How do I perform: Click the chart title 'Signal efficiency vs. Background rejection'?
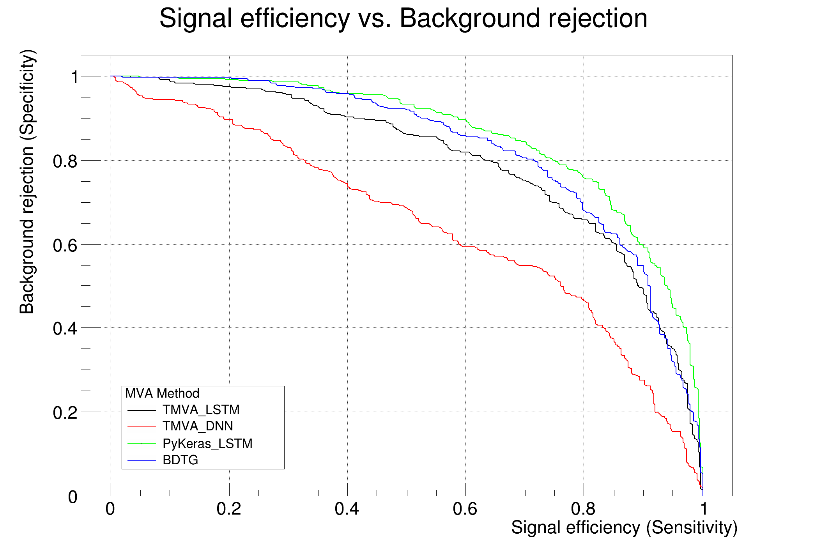pyautogui.click(x=403, y=18)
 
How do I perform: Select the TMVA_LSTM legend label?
pyautogui.click(x=201, y=410)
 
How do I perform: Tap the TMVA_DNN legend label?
pyautogui.click(x=198, y=426)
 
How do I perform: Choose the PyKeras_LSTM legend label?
pyautogui.click(x=207, y=444)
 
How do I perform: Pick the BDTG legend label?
pyautogui.click(x=180, y=460)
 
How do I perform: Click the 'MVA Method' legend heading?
pyautogui.click(x=162, y=393)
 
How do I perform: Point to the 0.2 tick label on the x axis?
pyautogui.click(x=229, y=509)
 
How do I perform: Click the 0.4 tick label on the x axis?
pyautogui.click(x=347, y=509)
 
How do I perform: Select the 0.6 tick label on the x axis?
pyautogui.click(x=465, y=509)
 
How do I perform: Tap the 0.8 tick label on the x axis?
pyautogui.click(x=583, y=509)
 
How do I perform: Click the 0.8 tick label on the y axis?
pyautogui.click(x=65, y=161)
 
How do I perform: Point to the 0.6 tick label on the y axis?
pyautogui.click(x=65, y=245)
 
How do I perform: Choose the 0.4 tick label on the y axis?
pyautogui.click(x=65, y=329)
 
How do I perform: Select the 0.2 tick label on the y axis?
pyautogui.click(x=65, y=413)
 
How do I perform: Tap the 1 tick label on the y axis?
pyautogui.click(x=74, y=77)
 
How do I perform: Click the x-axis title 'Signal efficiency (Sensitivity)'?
pyautogui.click(x=624, y=528)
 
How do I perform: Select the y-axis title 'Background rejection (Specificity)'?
pyautogui.click(x=27, y=182)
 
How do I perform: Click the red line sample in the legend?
pyautogui.click(x=142, y=427)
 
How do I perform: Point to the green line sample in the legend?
pyautogui.click(x=142, y=444)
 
